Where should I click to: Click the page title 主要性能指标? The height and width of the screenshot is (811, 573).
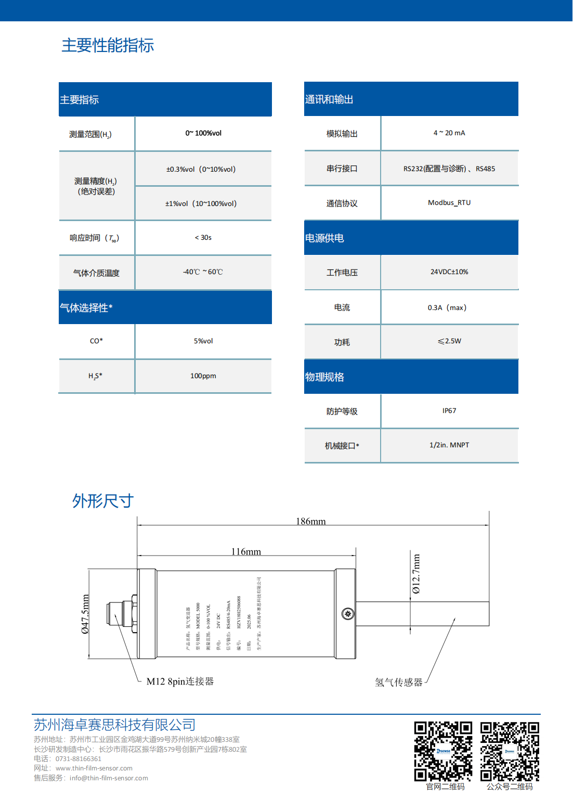108,45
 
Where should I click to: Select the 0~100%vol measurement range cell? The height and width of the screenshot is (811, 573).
203,133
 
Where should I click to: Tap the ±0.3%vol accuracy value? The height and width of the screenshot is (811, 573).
201,169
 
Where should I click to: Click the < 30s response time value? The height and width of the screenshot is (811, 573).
203,238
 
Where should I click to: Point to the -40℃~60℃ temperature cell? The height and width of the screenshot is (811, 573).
203,272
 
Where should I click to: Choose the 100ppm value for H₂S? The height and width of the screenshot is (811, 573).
203,376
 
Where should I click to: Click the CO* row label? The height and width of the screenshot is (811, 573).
96,341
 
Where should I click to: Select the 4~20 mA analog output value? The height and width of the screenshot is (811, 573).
449,133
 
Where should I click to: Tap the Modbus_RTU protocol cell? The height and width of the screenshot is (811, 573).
449,203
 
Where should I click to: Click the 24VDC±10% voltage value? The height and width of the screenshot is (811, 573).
449,272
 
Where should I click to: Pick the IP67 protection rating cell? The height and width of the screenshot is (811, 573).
449,411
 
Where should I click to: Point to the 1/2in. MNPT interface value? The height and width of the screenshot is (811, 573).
449,445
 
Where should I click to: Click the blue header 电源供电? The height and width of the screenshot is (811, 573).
324,238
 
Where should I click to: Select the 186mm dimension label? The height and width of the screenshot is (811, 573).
311,521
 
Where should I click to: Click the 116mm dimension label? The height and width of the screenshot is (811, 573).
246,551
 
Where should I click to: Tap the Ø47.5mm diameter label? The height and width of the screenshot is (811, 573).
85,614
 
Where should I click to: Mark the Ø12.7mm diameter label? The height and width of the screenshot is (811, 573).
416,574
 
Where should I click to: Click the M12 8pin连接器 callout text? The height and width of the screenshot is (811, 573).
180,681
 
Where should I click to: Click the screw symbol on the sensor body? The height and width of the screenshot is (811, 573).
348,614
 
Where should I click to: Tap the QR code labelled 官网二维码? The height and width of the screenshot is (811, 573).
443,751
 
